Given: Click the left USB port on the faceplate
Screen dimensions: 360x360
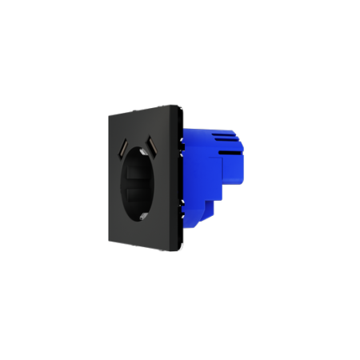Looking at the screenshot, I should click(x=125, y=150).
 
